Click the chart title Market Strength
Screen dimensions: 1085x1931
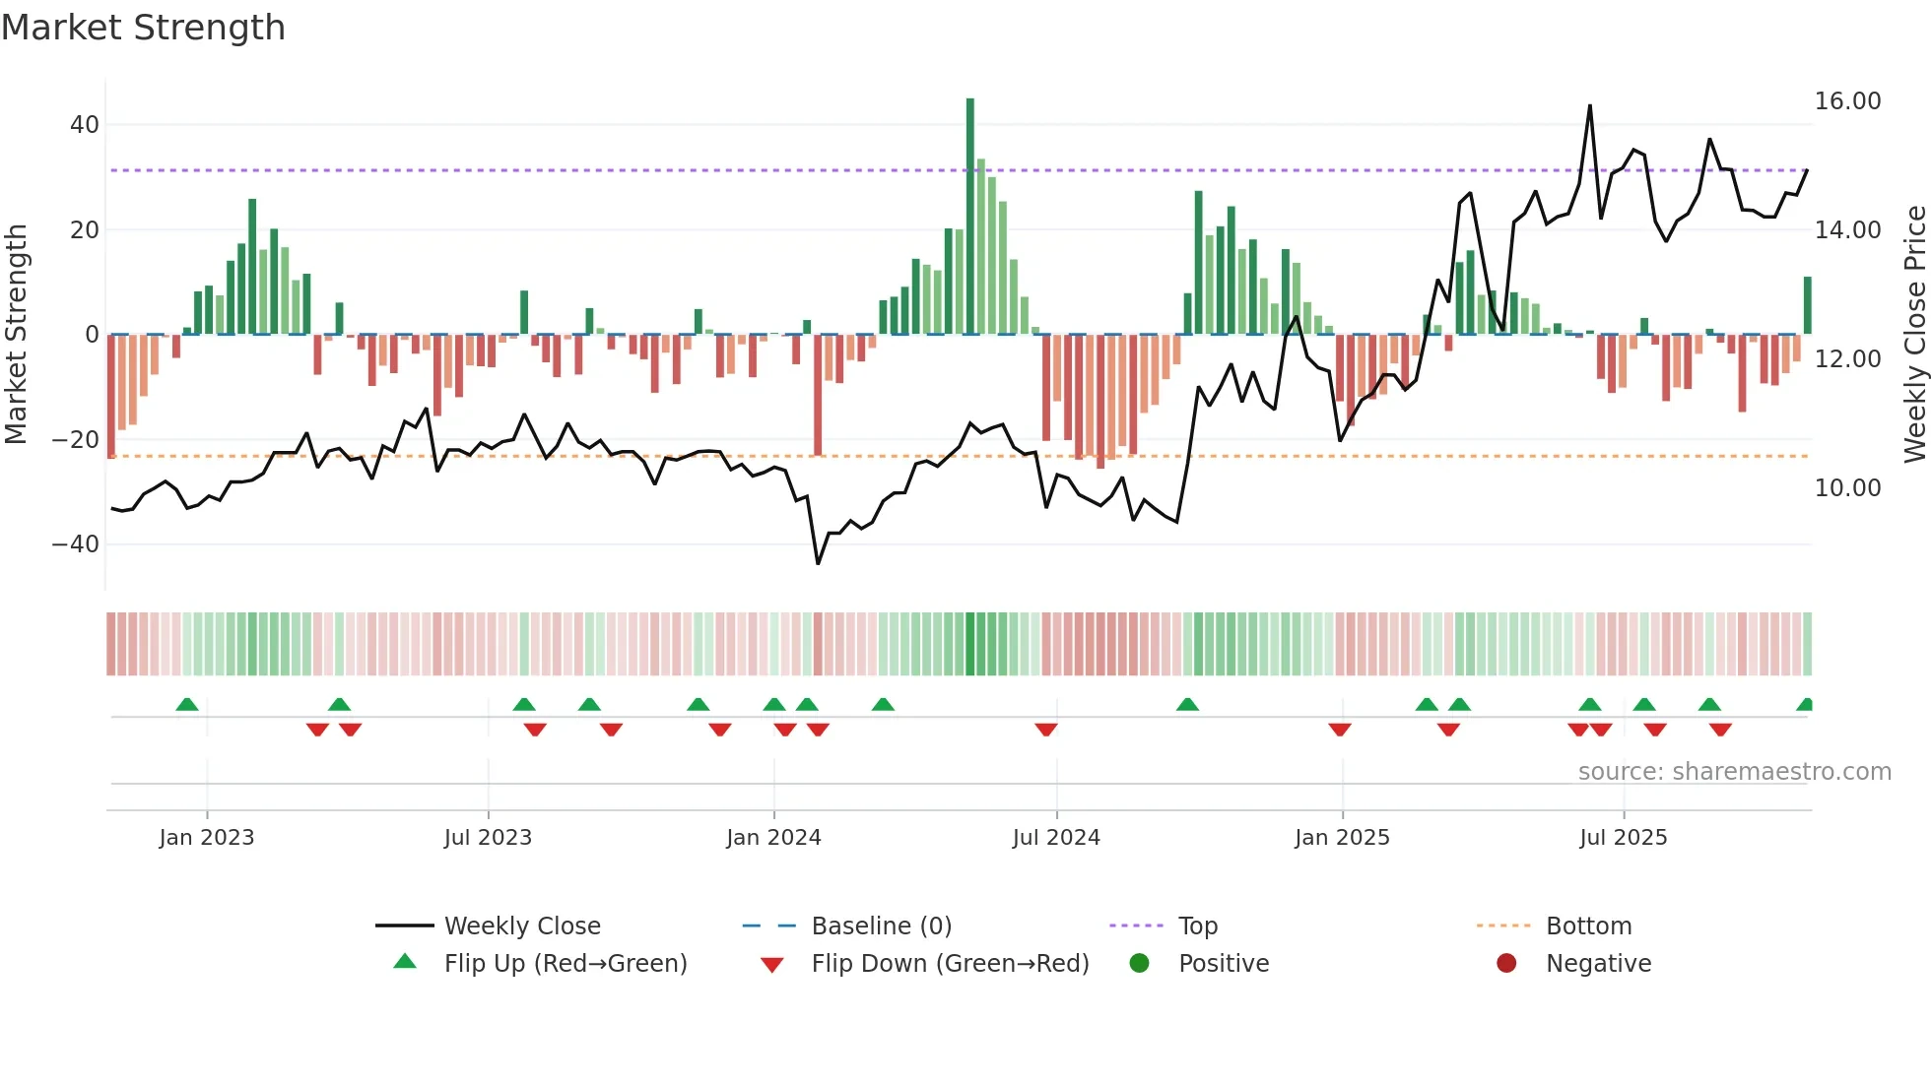click(143, 28)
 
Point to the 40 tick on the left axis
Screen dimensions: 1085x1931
click(85, 125)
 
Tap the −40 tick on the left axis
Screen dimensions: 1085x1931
click(76, 544)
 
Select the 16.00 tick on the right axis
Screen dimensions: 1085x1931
click(1847, 101)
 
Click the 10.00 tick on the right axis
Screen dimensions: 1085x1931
click(1847, 488)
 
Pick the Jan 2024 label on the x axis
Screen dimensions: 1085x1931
click(773, 838)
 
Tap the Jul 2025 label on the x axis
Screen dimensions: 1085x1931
click(1623, 838)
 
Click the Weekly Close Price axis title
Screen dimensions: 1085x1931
click(1914, 335)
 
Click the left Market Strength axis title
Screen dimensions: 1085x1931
click(17, 335)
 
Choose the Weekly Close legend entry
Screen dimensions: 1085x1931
click(521, 926)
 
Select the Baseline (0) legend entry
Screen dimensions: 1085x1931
click(881, 926)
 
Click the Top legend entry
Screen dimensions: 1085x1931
click(1198, 926)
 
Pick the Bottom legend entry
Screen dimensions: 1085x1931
click(1588, 926)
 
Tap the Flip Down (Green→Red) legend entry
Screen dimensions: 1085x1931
click(950, 964)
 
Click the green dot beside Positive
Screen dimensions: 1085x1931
click(1140, 964)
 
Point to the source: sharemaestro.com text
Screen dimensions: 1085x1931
click(1734, 772)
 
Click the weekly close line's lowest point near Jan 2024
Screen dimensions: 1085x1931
click(818, 563)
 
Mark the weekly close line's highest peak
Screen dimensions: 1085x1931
click(1589, 105)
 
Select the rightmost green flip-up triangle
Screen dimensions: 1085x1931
click(1805, 705)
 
